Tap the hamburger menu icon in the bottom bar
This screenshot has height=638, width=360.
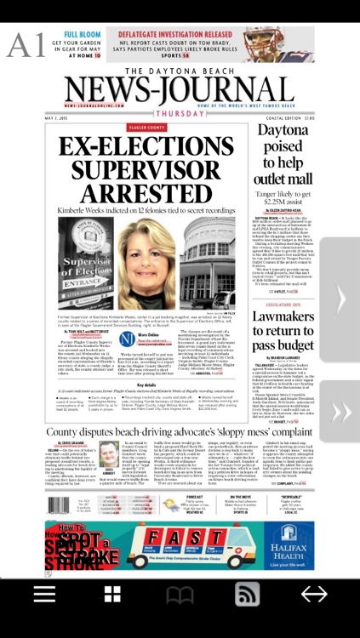click(x=44, y=594)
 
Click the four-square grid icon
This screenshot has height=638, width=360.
click(x=112, y=594)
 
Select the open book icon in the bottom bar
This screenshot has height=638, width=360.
click(x=180, y=594)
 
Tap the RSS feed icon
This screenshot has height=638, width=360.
click(x=247, y=594)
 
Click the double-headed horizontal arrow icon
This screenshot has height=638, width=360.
click(x=314, y=594)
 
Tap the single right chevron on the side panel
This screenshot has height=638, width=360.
click(x=340, y=298)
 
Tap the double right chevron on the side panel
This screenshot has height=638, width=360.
click(x=340, y=412)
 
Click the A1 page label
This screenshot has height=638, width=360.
click(x=26, y=45)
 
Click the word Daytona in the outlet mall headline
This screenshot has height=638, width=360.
click(x=283, y=132)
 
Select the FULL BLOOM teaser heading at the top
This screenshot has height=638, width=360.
click(x=83, y=35)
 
